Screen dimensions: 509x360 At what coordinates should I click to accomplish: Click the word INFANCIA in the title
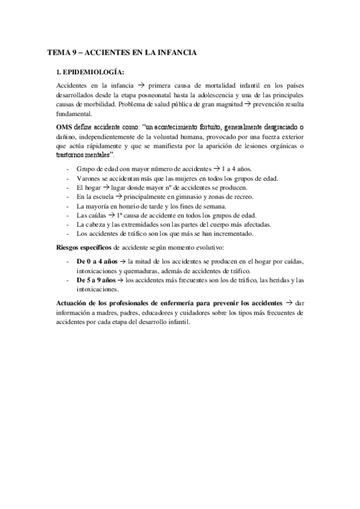pyautogui.click(x=175, y=53)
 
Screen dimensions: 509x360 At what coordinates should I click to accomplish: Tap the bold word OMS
pyautogui.click(x=64, y=127)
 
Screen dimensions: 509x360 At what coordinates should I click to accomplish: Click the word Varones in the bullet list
pyautogui.click(x=89, y=178)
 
